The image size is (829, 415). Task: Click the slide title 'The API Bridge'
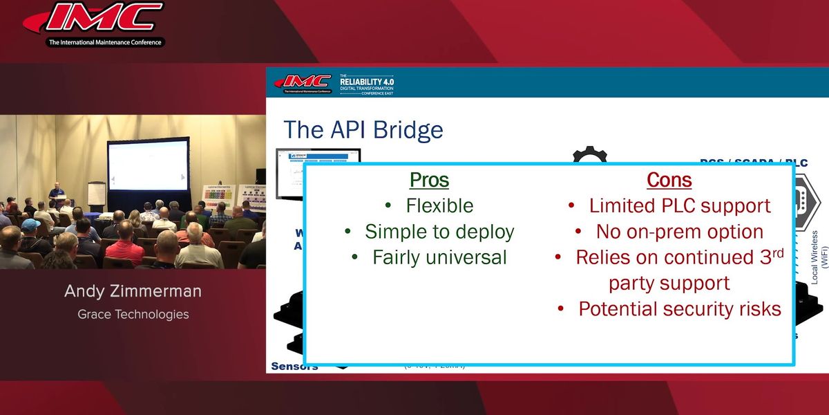tap(363, 129)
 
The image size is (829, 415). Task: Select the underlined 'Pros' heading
tap(429, 180)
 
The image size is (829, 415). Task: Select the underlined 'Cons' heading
tap(669, 180)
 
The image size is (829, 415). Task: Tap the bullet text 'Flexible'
tap(439, 205)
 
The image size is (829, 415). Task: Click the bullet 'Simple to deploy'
tap(439, 232)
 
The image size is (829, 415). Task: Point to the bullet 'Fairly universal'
tap(439, 257)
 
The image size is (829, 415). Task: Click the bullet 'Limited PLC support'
tap(679, 205)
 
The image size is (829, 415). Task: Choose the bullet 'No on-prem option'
tap(679, 232)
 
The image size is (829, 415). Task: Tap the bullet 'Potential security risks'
tap(679, 309)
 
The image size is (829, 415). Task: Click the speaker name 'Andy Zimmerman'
tap(133, 291)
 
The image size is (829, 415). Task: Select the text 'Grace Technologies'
tap(133, 314)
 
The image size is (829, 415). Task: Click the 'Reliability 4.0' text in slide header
tap(366, 82)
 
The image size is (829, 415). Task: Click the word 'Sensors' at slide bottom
tap(294, 366)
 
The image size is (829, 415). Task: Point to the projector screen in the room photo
tap(149, 164)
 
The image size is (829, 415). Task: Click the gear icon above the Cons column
tap(589, 155)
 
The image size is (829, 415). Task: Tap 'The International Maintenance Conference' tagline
tap(104, 42)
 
